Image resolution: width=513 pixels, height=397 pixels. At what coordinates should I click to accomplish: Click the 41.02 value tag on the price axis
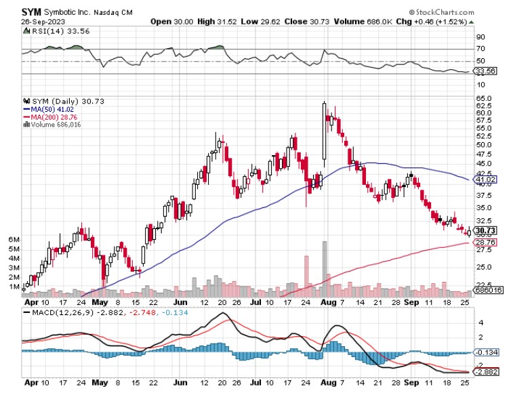coord(481,179)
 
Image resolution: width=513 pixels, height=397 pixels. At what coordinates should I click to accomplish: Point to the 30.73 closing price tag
coord(482,230)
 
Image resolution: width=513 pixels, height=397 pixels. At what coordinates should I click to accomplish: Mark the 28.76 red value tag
coord(482,242)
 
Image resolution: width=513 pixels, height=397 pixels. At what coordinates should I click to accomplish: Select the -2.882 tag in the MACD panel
coord(483,373)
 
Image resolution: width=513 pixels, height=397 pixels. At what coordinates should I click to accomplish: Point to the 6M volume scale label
coord(12,240)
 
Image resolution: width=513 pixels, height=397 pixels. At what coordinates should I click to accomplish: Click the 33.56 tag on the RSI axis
coord(482,70)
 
